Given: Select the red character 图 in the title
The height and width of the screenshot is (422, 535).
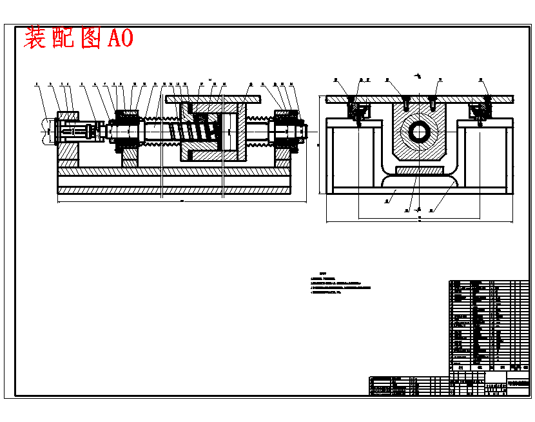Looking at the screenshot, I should (90, 38).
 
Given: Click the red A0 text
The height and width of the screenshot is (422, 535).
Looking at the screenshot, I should (121, 38).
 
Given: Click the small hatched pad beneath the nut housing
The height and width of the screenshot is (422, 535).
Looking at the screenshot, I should (420, 170).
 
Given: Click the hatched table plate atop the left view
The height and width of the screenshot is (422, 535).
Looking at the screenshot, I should (213, 99).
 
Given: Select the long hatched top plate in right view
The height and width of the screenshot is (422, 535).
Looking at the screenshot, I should (420, 99).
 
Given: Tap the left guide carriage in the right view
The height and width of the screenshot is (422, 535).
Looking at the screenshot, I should (356, 112).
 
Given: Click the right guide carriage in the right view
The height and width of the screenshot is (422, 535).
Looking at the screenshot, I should (480, 112).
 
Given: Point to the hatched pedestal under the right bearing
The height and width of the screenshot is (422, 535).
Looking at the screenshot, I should (284, 156).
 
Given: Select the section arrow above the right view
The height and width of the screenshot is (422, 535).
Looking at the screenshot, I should (418, 76).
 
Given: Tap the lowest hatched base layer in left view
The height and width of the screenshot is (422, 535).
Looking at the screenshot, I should (174, 190).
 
